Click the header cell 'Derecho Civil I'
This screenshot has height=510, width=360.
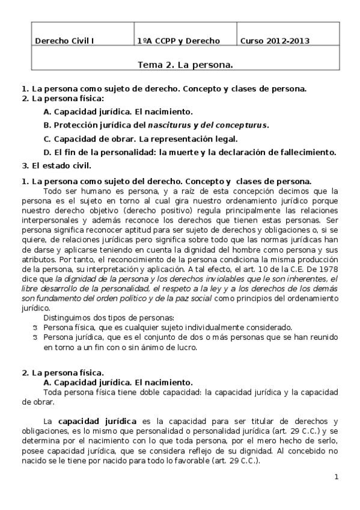(64, 41)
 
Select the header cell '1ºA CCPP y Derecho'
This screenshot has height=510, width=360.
(178, 41)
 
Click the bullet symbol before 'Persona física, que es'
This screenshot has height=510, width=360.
(35, 328)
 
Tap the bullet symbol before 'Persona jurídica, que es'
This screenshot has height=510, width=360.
(35, 338)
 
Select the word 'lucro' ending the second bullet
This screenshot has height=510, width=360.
(186, 347)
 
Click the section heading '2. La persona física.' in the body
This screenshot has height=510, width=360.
(63, 373)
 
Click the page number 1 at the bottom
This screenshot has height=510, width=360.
(337, 477)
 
